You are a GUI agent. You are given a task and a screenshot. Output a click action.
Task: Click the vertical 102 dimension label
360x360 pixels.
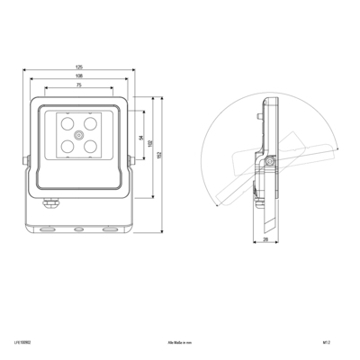tap(150, 144)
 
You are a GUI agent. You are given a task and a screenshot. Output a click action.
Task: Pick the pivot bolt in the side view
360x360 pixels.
tap(269, 161)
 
